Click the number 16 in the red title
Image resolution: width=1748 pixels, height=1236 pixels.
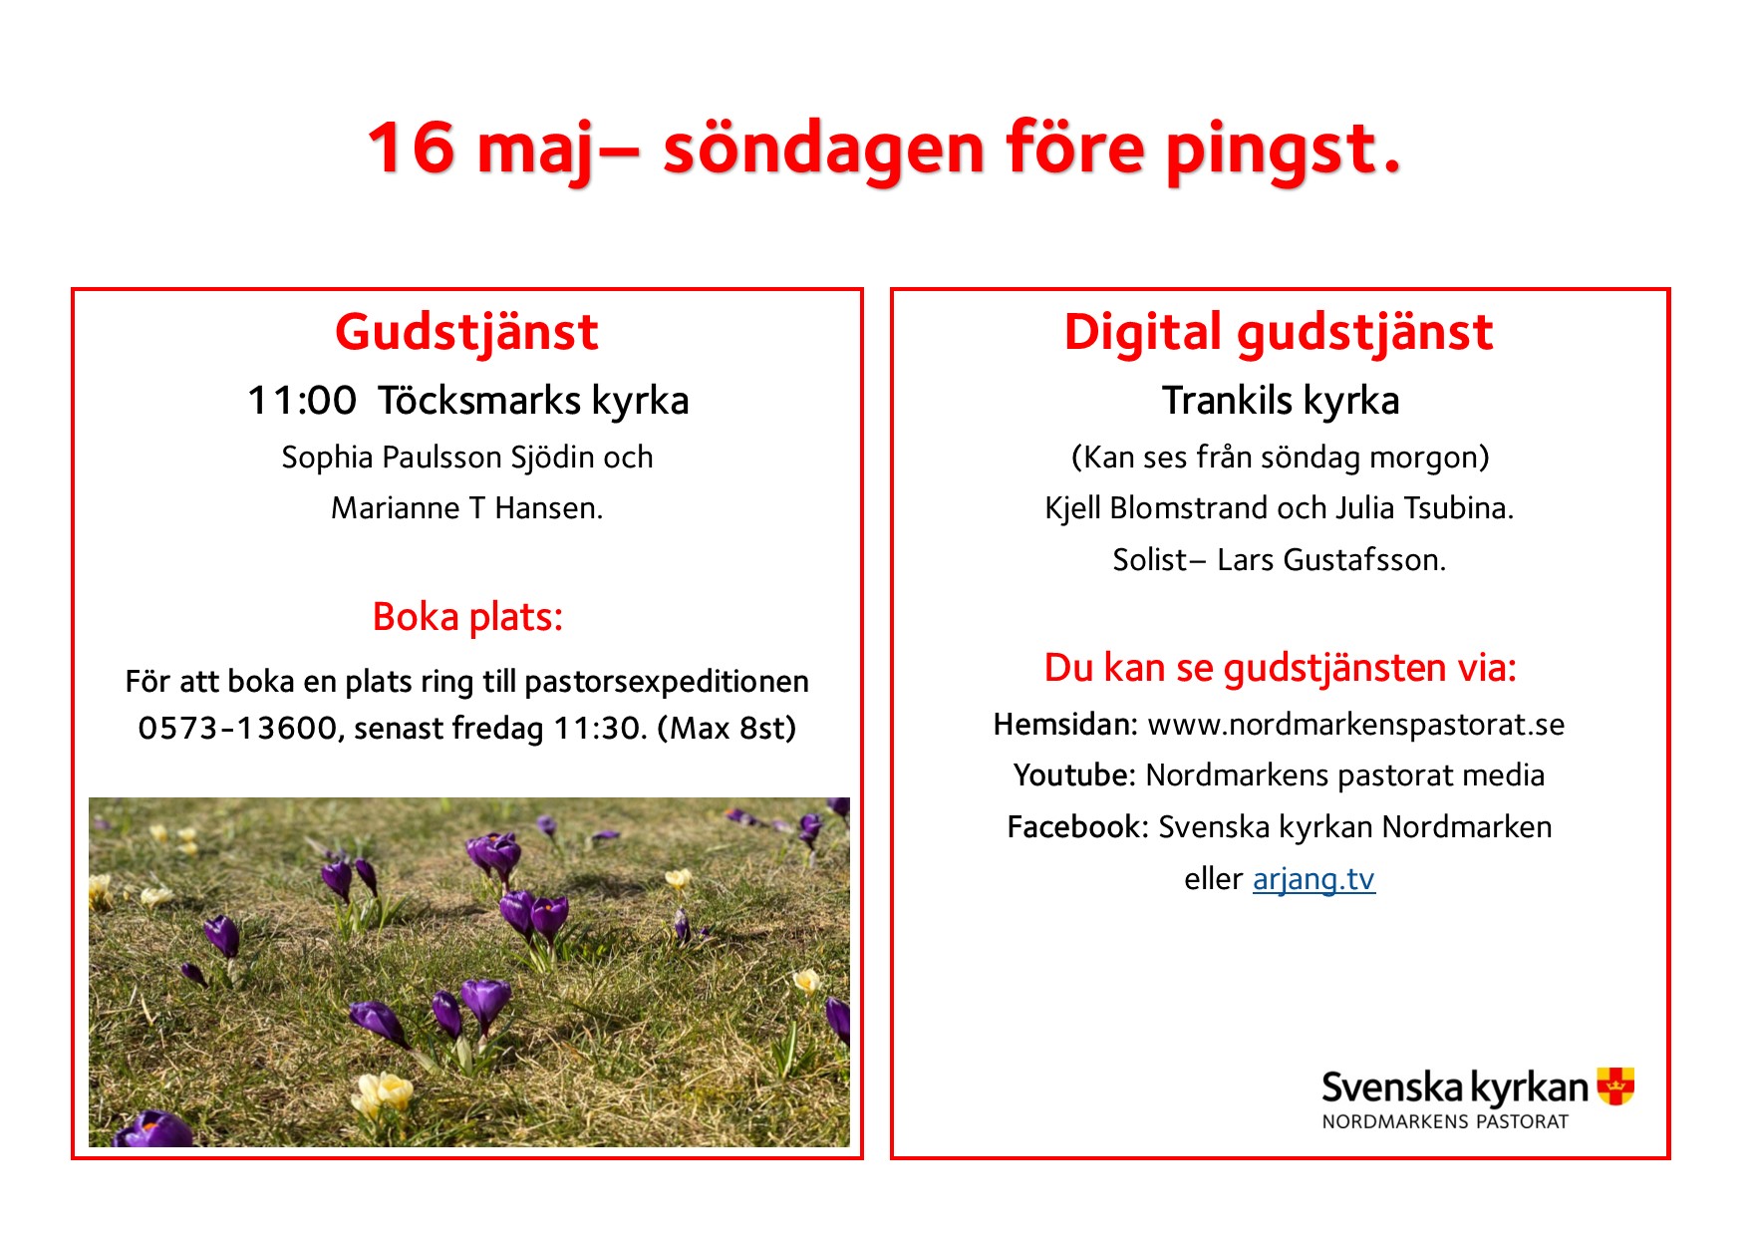[413, 148]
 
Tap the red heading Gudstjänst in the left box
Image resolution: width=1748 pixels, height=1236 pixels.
[466, 333]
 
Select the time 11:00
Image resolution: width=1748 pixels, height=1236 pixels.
[302, 401]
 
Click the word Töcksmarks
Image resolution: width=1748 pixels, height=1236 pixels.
[479, 401]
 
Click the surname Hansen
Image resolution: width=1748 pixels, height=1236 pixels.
[548, 508]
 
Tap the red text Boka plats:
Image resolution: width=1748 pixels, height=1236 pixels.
[467, 618]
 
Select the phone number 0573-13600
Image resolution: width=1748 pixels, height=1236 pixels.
[240, 729]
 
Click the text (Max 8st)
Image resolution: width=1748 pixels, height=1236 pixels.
[727, 729]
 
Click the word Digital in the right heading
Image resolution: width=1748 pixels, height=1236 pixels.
[1143, 333]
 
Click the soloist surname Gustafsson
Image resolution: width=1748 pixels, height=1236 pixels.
[1364, 560]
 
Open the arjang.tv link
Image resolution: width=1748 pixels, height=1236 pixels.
[1314, 879]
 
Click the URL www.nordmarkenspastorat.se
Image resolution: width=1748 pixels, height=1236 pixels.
[1356, 726]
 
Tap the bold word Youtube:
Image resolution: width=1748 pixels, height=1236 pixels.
[1074, 775]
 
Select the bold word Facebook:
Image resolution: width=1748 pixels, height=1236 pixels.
[1078, 827]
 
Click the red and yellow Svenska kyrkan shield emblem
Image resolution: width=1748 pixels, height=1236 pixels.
[1615, 1085]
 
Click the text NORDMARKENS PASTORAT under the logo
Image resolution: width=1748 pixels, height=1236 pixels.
[1445, 1121]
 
